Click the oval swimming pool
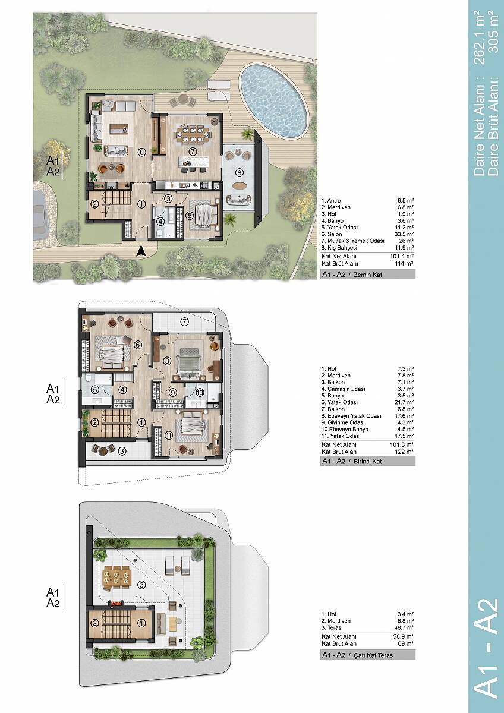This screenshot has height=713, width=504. pyautogui.click(x=274, y=101)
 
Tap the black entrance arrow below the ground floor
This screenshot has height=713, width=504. pyautogui.click(x=141, y=252)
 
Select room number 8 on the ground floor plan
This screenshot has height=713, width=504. pyautogui.click(x=239, y=172)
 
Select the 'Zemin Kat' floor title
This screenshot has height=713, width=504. pyautogui.click(x=368, y=274)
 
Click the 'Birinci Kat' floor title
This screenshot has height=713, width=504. pyautogui.click(x=367, y=461)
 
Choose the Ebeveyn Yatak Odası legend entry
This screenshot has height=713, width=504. pyautogui.click(x=351, y=416)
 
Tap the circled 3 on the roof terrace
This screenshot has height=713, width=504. pyautogui.click(x=141, y=585)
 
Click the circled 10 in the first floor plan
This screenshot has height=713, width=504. pyautogui.click(x=200, y=393)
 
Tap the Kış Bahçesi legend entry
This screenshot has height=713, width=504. pyautogui.click(x=339, y=247)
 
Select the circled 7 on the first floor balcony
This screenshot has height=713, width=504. pyautogui.click(x=184, y=322)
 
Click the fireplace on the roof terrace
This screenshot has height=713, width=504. pyautogui.click(x=115, y=603)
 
